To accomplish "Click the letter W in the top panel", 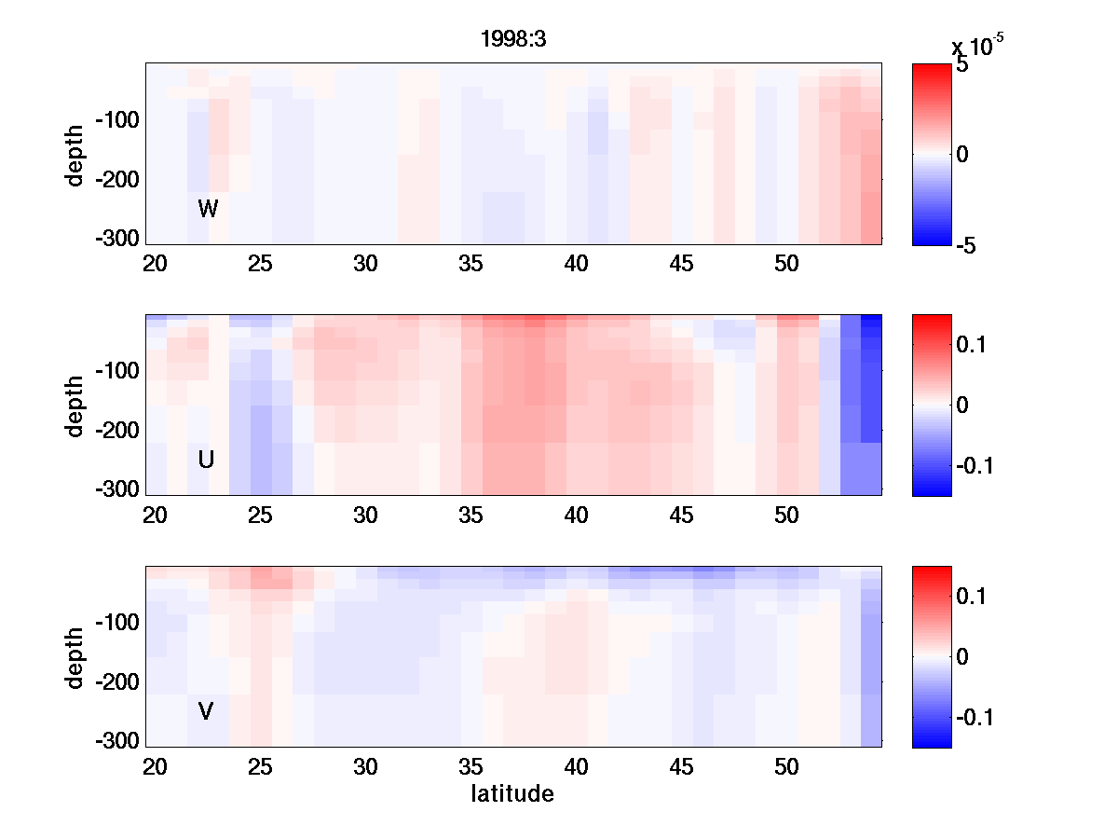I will (x=208, y=209).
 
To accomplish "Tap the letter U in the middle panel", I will (x=207, y=460).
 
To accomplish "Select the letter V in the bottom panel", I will (x=206, y=711).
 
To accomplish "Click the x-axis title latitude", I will (x=512, y=794).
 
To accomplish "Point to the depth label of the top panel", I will (x=75, y=154).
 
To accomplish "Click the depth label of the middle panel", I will (x=75, y=405).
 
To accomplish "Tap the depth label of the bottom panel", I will (x=75, y=656).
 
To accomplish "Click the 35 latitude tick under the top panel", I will (x=471, y=264).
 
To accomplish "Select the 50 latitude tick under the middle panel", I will (x=787, y=516).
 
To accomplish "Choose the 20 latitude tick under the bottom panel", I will (x=155, y=767).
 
